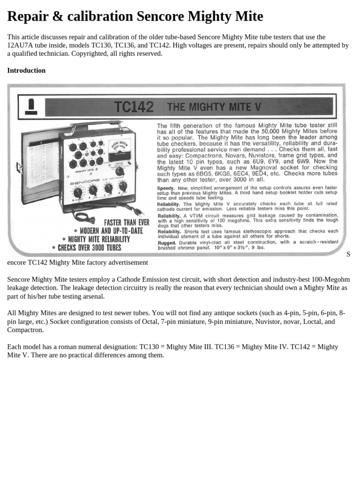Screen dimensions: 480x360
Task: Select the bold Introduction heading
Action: click(x=26, y=70)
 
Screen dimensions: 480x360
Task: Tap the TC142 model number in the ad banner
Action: click(x=133, y=107)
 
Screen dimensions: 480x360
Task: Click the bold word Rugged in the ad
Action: click(x=167, y=242)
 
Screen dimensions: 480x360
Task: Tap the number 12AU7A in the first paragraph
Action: click(x=21, y=45)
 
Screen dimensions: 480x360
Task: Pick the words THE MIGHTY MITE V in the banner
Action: click(x=214, y=107)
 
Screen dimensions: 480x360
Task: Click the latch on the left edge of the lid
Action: click(x=19, y=167)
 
